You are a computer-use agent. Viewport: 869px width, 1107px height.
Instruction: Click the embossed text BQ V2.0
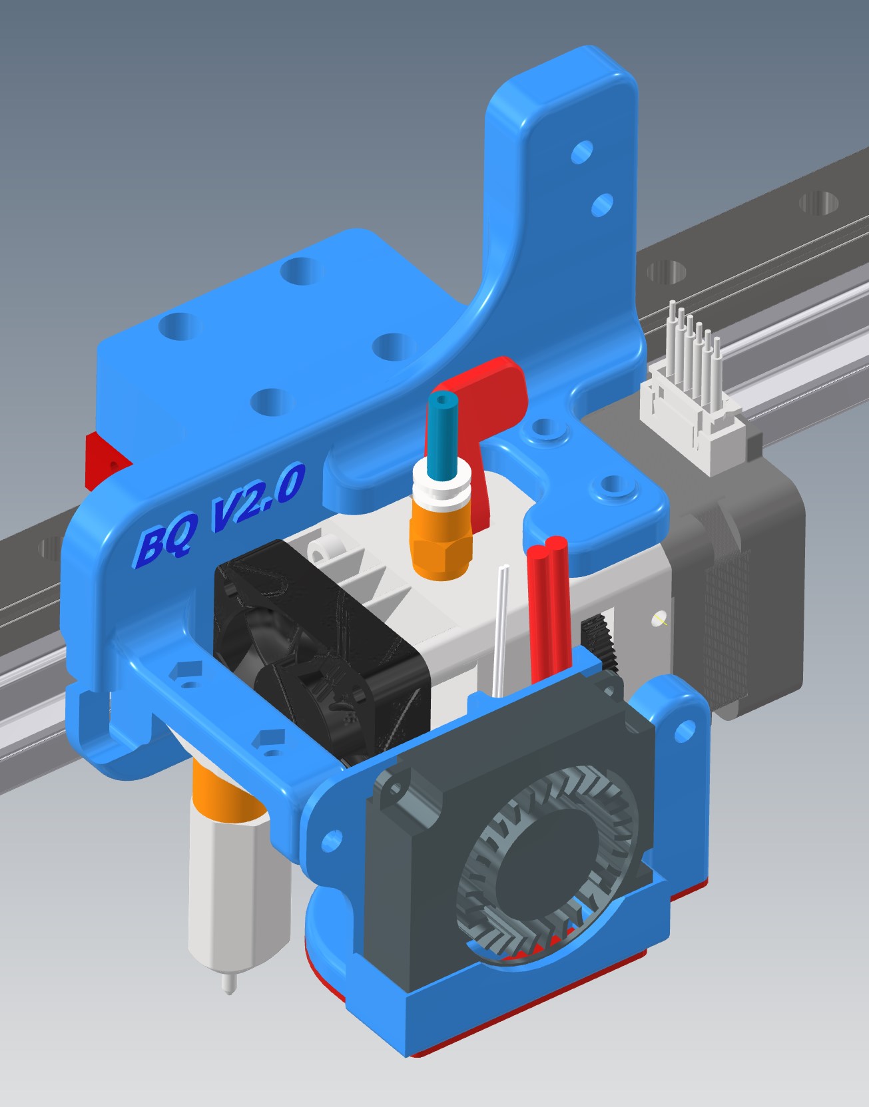220,513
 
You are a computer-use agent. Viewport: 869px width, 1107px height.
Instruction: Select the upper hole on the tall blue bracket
582,152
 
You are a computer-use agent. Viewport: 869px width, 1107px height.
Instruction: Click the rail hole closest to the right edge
820,202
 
